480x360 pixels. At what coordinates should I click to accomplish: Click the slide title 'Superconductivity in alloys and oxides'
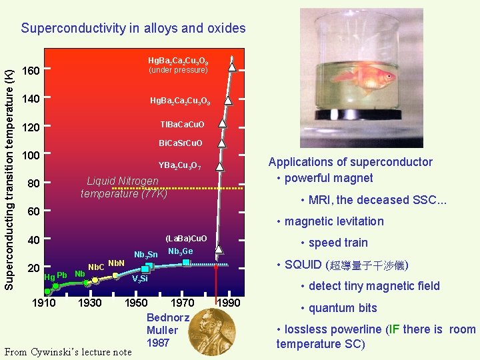(x=133, y=28)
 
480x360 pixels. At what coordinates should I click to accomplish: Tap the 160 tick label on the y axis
(x=31, y=71)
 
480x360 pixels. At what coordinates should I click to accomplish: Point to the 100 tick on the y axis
(x=31, y=155)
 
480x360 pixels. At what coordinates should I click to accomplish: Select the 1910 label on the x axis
(x=45, y=303)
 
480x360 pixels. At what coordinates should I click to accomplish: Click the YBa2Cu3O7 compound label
(x=179, y=166)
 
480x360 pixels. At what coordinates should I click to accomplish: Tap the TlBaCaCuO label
(x=182, y=125)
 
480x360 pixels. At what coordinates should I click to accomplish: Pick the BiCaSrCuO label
(x=180, y=143)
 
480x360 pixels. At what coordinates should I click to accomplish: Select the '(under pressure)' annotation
(x=178, y=70)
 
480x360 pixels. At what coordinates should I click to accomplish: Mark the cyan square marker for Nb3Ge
(x=186, y=262)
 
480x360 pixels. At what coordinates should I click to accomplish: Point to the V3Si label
(x=139, y=279)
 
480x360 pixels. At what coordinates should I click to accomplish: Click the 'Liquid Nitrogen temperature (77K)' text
(x=123, y=187)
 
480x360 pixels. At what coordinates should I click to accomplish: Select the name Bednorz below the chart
(x=167, y=317)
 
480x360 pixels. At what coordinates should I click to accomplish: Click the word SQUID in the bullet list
(x=303, y=265)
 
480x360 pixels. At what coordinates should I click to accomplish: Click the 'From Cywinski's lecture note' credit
(x=68, y=351)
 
